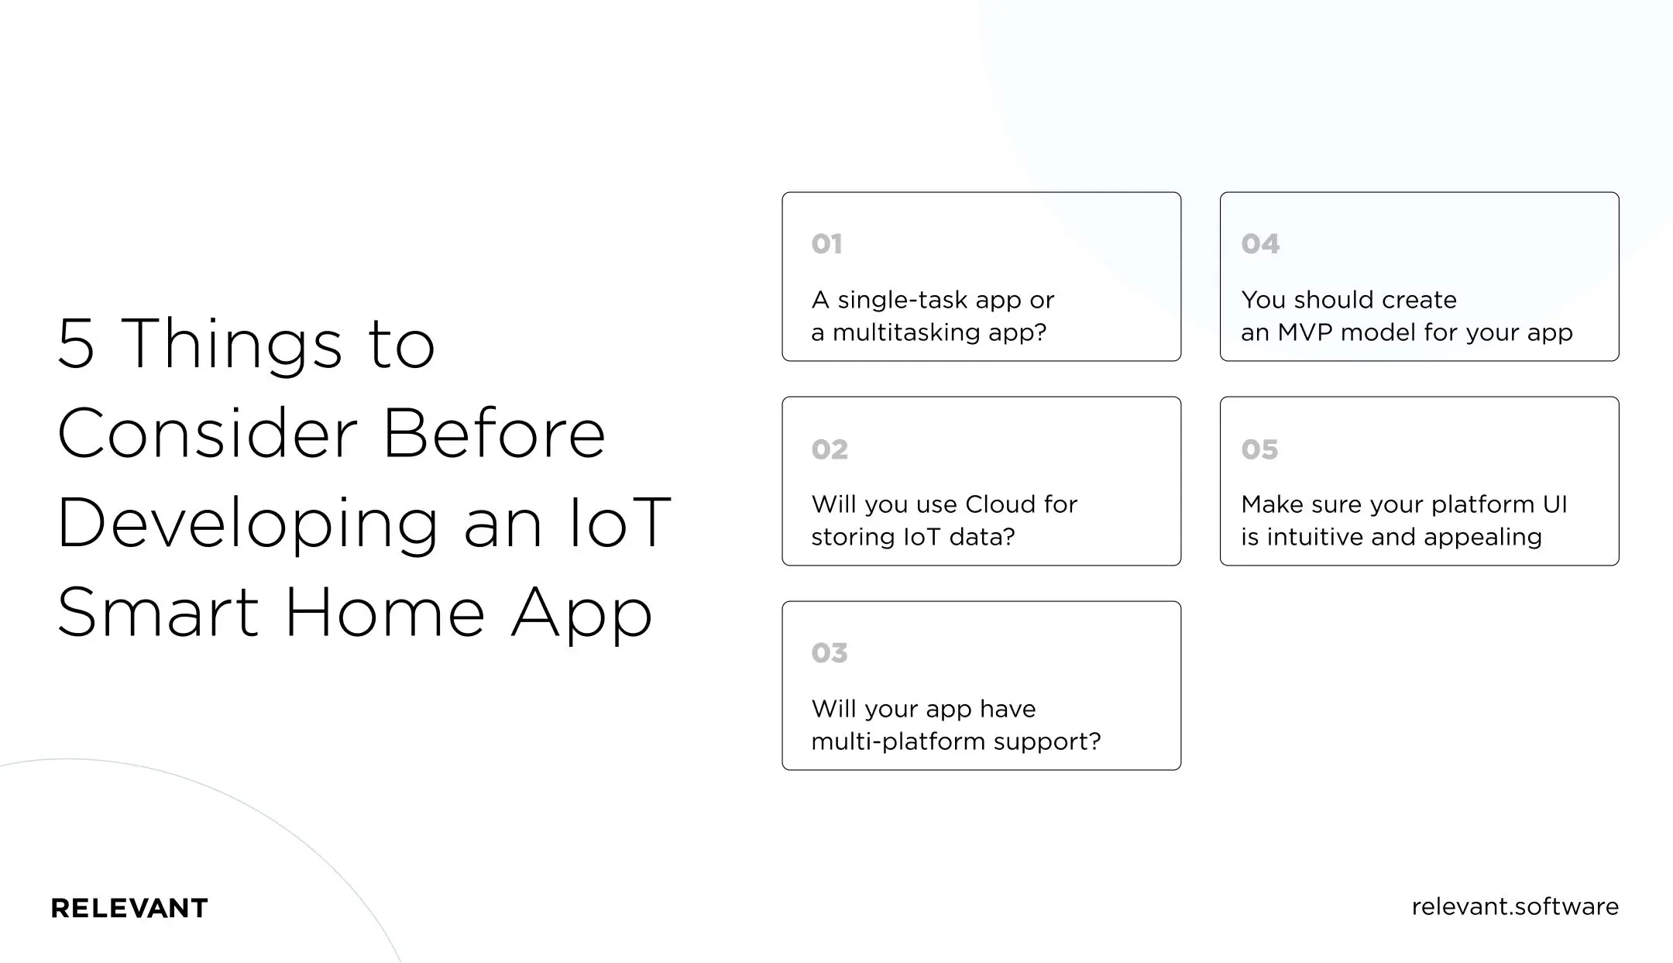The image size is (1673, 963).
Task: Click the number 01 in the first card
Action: pyautogui.click(x=826, y=244)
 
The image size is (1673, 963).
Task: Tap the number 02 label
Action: pyautogui.click(x=830, y=449)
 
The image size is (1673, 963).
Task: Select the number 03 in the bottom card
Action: pyautogui.click(x=830, y=653)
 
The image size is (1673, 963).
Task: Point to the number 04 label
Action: pyautogui.click(x=1260, y=244)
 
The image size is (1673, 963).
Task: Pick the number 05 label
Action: pyautogui.click(x=1259, y=449)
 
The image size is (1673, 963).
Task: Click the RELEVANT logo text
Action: pyautogui.click(x=129, y=908)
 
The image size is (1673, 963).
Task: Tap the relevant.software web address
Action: pyautogui.click(x=1515, y=906)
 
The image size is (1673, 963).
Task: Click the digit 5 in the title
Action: pyautogui.click(x=76, y=344)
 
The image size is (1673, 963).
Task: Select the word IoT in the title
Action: pyautogui.click(x=620, y=522)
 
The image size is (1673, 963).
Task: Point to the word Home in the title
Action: pyautogui.click(x=385, y=612)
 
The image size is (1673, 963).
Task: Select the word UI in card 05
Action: pyautogui.click(x=1554, y=504)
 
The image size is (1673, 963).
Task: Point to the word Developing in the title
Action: pyautogui.click(x=248, y=524)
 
